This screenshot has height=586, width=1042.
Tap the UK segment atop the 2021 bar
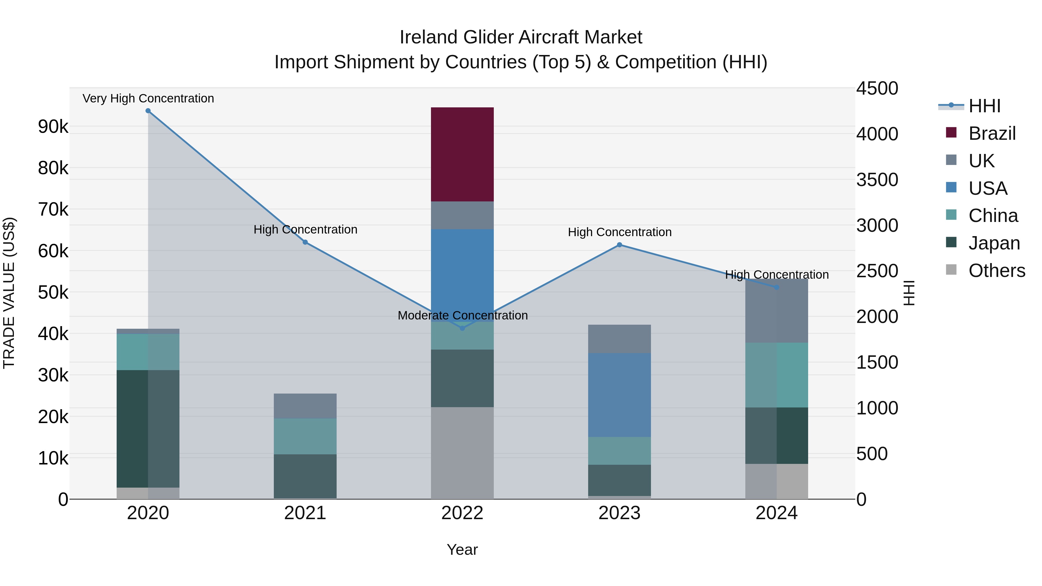pos(305,406)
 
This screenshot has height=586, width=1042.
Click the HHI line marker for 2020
pos(148,111)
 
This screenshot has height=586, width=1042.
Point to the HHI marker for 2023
pos(619,245)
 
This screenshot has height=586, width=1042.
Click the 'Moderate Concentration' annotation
pos(462,315)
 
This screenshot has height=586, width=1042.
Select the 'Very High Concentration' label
pos(148,98)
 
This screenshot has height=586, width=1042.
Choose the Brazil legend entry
pos(992,133)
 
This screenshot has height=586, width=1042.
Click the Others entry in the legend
pos(996,271)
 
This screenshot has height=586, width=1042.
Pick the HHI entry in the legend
pos(984,106)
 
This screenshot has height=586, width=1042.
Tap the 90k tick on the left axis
pos(53,126)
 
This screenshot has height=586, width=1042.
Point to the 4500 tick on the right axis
pos(877,88)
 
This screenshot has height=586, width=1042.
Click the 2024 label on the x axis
pos(776,513)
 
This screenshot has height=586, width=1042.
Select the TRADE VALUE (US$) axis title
pos(9,293)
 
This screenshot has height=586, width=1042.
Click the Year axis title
pos(462,550)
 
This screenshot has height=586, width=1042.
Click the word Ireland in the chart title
pos(428,37)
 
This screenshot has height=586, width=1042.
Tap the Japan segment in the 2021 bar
pos(305,476)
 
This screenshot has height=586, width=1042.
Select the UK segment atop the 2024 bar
pos(776,311)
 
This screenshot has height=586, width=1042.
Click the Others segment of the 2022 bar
pos(462,453)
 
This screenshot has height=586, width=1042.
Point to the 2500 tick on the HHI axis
pos(877,271)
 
